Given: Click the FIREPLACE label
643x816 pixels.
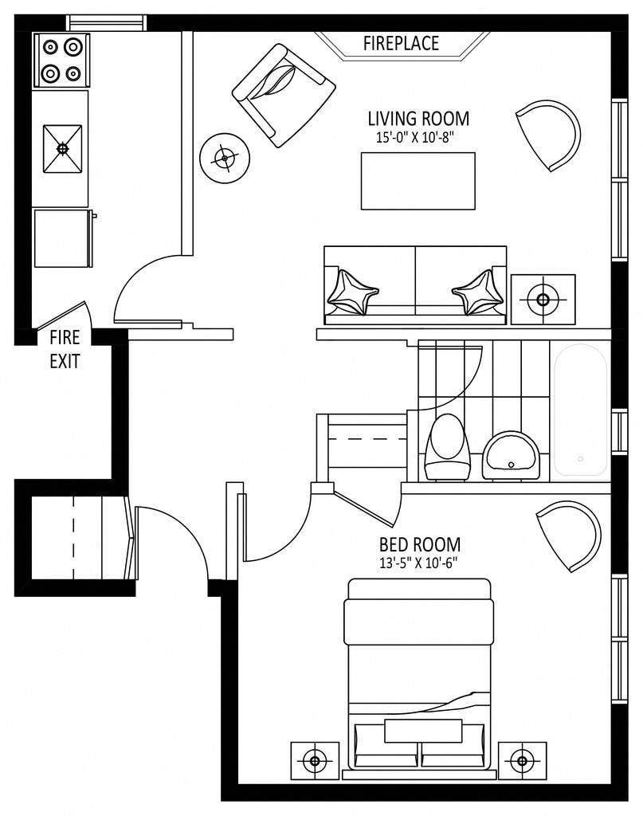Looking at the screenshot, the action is (x=401, y=43).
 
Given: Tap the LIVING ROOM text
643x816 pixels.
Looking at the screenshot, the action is (x=418, y=119).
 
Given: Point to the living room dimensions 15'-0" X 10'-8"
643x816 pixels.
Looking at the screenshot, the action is (x=418, y=137).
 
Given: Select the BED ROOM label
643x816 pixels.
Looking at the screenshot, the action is (x=419, y=545).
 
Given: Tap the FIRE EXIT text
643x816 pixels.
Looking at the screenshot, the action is (x=65, y=349).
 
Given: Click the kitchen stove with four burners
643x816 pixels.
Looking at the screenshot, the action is (x=61, y=61).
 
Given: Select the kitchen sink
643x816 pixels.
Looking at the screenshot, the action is (x=62, y=148).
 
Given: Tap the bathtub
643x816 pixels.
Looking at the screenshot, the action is (x=580, y=410).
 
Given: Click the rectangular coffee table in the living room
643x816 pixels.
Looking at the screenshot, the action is (x=418, y=181).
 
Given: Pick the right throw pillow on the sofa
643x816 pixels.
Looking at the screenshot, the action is (x=478, y=292).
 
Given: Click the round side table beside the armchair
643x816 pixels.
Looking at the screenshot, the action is (x=225, y=159).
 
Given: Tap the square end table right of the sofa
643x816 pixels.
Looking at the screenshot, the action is (x=543, y=299).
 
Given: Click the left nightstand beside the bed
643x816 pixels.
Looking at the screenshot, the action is (x=315, y=762).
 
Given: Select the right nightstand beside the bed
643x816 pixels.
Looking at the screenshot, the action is (x=522, y=762).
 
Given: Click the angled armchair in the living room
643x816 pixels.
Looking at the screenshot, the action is (x=283, y=95).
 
